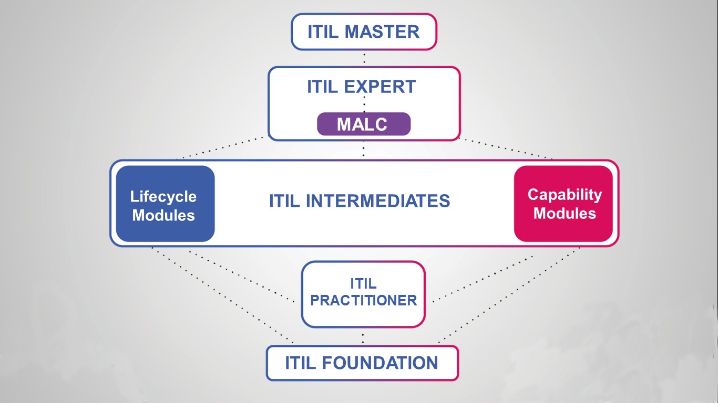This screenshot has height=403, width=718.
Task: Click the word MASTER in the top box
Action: (382, 31)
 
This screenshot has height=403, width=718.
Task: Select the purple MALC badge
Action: (364, 124)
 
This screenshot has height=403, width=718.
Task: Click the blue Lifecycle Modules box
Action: (165, 204)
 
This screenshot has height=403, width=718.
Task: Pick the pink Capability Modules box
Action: (563, 204)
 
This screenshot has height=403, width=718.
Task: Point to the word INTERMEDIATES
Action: (378, 201)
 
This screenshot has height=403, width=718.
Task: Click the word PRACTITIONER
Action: (364, 300)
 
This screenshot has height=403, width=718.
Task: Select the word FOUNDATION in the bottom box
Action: (380, 363)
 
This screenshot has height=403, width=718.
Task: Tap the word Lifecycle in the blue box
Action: (163, 197)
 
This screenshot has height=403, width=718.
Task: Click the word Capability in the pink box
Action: (565, 195)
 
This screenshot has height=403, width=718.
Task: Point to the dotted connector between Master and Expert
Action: (364, 58)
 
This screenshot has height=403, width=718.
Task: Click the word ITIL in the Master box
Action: (323, 31)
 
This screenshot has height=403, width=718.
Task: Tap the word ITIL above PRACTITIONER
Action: (363, 283)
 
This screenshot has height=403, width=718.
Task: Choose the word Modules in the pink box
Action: (565, 213)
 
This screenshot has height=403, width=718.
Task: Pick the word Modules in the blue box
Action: (163, 215)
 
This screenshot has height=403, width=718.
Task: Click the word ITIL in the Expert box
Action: (322, 87)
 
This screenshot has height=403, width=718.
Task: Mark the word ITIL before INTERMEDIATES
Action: (284, 201)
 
